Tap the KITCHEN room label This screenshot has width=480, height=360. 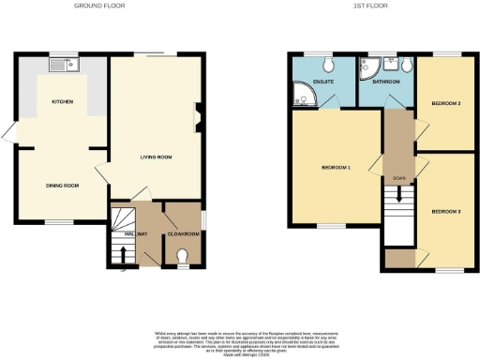tap(63, 101)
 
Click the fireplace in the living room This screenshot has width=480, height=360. tap(196, 119)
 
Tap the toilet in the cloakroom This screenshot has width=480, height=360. tap(183, 255)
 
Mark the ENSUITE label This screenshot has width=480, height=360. tap(323, 82)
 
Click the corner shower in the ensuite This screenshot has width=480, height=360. tap(302, 94)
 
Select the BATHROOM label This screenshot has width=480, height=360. tap(386, 82)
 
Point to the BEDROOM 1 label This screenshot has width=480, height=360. tap(336, 168)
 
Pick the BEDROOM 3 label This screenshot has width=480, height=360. tap(445, 212)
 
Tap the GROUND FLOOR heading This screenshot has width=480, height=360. tap(100, 6)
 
